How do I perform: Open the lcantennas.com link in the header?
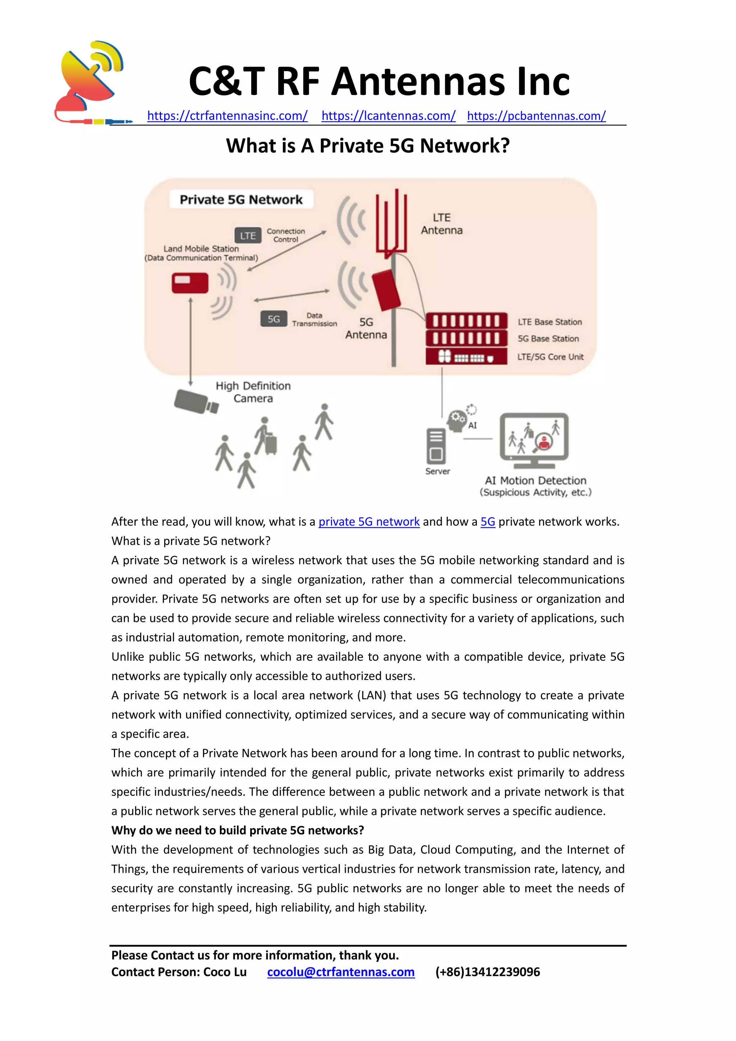click(388, 116)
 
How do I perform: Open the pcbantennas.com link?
click(536, 116)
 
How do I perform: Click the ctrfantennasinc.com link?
click(227, 116)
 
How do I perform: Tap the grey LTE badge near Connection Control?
click(248, 235)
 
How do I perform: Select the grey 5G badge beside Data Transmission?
click(273, 319)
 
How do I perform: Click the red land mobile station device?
click(190, 283)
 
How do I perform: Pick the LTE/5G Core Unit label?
click(550, 357)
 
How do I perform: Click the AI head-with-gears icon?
click(457, 420)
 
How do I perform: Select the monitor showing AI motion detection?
click(534, 439)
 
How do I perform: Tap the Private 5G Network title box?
click(241, 200)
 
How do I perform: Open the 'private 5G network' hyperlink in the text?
click(369, 522)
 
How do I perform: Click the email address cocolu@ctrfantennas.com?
click(341, 972)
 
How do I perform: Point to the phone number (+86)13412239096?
click(488, 972)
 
